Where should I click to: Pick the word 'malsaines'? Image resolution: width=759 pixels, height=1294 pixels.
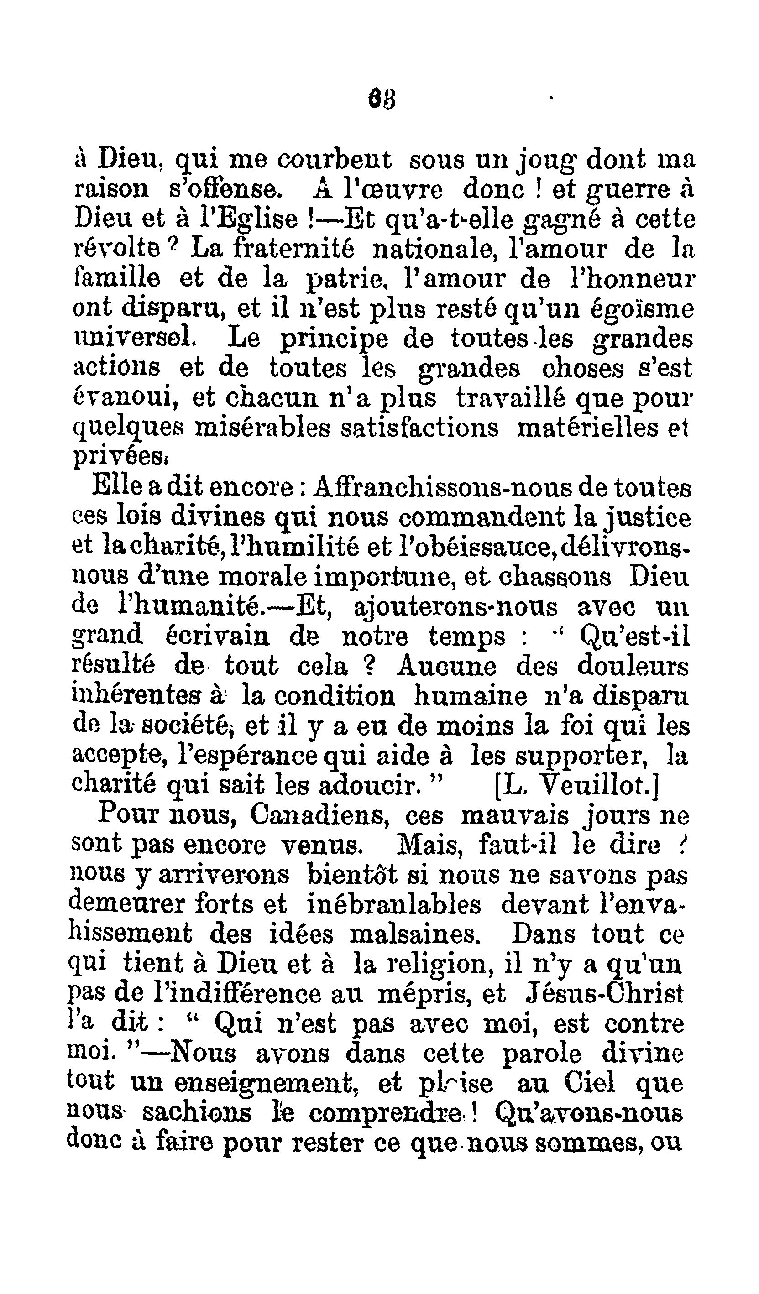(415, 934)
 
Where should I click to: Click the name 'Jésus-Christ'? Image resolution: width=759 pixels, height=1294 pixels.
(605, 994)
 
